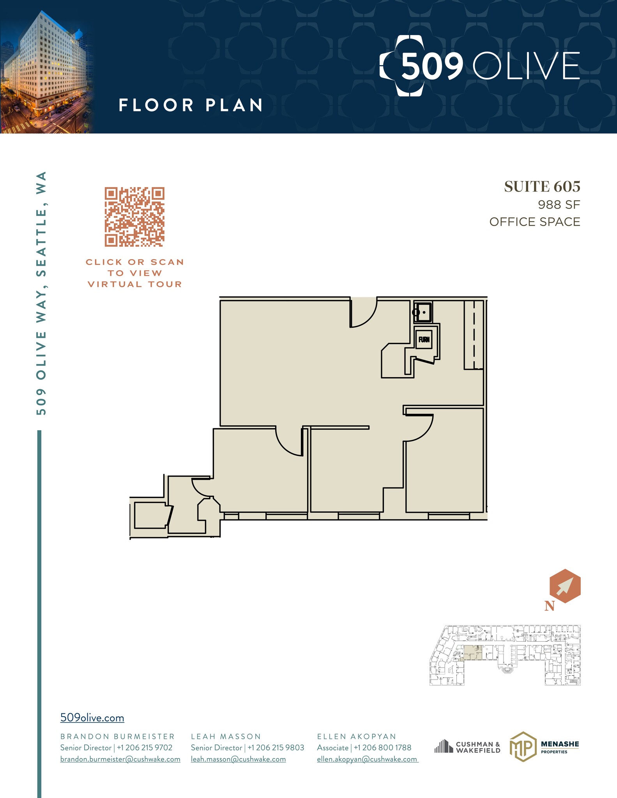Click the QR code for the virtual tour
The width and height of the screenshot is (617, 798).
(134, 217)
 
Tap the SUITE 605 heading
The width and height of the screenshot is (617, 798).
(542, 187)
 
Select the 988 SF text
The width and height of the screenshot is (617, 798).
(559, 205)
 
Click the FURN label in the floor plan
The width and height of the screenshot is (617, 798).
(424, 339)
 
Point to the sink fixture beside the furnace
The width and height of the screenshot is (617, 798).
(423, 312)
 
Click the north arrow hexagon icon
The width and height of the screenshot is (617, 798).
(565, 586)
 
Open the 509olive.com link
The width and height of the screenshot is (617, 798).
(92, 718)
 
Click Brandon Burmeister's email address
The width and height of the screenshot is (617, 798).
(120, 759)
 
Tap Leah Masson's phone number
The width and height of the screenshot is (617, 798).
(276, 748)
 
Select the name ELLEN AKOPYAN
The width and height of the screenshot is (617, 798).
(356, 736)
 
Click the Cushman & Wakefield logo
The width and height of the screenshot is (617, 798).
(467, 747)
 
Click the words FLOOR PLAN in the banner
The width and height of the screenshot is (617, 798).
(191, 105)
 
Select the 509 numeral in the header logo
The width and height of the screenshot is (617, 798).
(431, 66)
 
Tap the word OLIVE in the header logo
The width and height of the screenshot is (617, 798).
(526, 66)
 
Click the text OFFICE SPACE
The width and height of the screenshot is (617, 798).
(534, 222)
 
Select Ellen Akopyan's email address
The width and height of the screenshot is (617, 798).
(367, 759)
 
